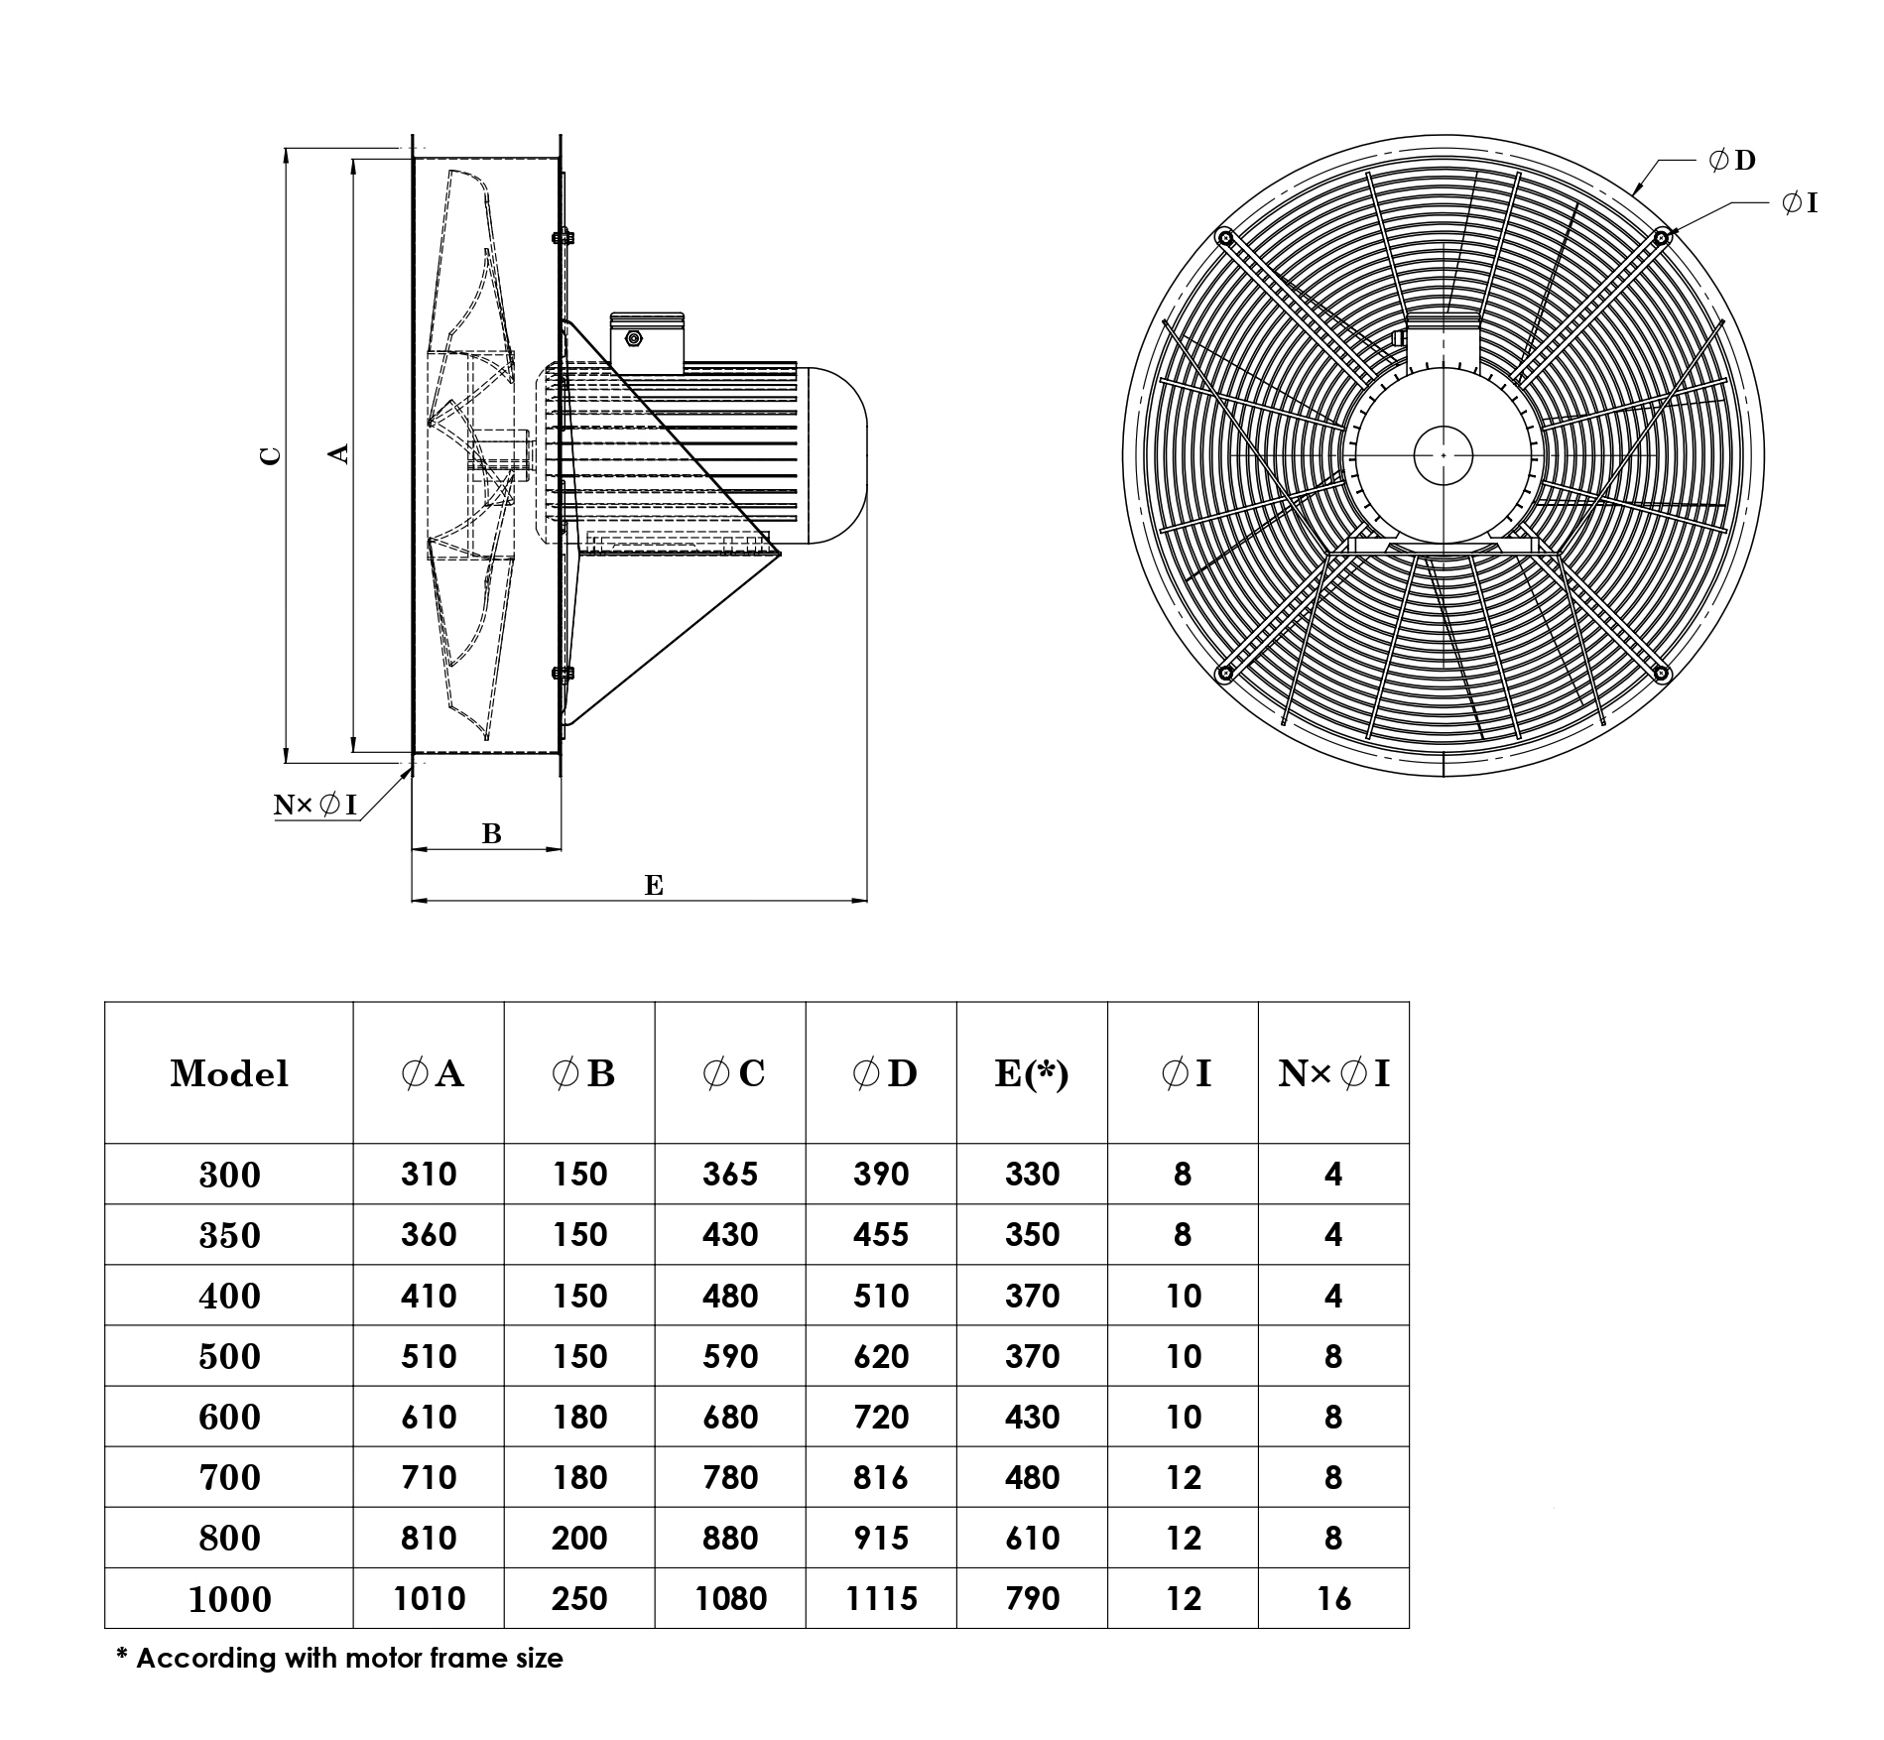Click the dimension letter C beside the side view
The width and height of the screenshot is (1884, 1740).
tap(271, 455)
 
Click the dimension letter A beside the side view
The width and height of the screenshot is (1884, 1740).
tap(339, 452)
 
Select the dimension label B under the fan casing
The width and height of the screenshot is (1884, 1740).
tap(491, 834)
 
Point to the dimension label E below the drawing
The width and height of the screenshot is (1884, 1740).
tap(653, 885)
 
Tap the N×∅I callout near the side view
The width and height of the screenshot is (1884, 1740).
tap(314, 805)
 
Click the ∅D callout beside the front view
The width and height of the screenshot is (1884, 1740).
tap(1732, 160)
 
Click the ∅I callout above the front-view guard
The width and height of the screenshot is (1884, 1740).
tap(1800, 203)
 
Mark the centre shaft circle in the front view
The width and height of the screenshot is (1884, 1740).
tap(1443, 455)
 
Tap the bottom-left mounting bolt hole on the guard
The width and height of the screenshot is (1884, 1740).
tap(1225, 674)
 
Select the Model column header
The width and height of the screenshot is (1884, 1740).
tap(229, 1073)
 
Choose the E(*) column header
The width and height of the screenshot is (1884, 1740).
tap(1032, 1073)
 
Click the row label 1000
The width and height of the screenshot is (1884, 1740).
tap(229, 1599)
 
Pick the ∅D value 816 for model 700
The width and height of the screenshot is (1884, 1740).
tap(880, 1477)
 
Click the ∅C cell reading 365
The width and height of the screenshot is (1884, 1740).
tap(729, 1175)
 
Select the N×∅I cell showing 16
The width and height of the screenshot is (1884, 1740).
tap(1333, 1599)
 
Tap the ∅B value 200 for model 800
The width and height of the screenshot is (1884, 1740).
tap(579, 1538)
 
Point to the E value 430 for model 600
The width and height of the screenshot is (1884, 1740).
tap(1032, 1417)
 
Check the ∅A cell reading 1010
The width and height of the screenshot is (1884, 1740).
tap(429, 1599)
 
